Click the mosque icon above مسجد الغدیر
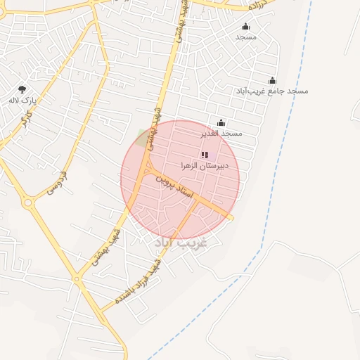221,123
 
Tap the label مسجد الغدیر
221,133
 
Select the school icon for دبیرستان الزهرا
204,155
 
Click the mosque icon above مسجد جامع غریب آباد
272,81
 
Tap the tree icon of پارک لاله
22,90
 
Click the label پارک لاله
22,101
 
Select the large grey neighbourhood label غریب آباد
181,243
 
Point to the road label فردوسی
56,181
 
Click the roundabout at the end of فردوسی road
29,203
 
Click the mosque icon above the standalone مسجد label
245,27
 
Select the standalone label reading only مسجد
245,37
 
